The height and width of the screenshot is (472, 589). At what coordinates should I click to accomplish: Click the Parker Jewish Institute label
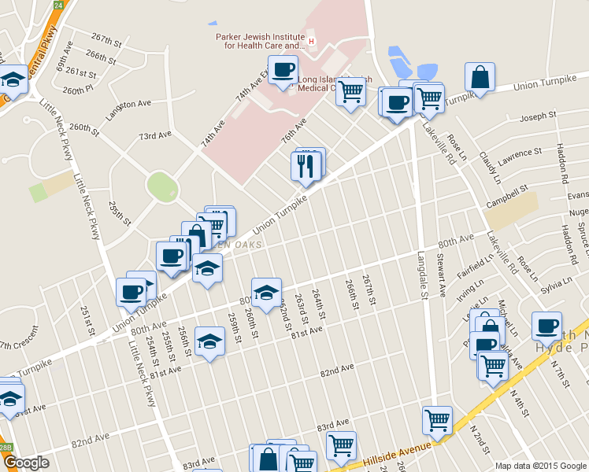click(x=259, y=41)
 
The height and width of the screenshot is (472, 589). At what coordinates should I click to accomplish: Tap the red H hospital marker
click(x=311, y=41)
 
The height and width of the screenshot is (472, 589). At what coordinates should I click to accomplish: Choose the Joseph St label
click(x=539, y=116)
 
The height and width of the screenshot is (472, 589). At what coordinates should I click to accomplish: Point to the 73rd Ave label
click(x=154, y=135)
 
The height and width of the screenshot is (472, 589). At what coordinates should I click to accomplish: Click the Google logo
click(x=27, y=463)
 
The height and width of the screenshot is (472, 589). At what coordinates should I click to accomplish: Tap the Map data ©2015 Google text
click(x=540, y=465)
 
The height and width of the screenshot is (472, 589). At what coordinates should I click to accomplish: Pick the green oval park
click(x=162, y=187)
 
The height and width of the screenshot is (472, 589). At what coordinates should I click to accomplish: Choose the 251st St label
click(x=87, y=320)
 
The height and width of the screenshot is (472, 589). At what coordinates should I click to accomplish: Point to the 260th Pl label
click(x=78, y=90)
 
